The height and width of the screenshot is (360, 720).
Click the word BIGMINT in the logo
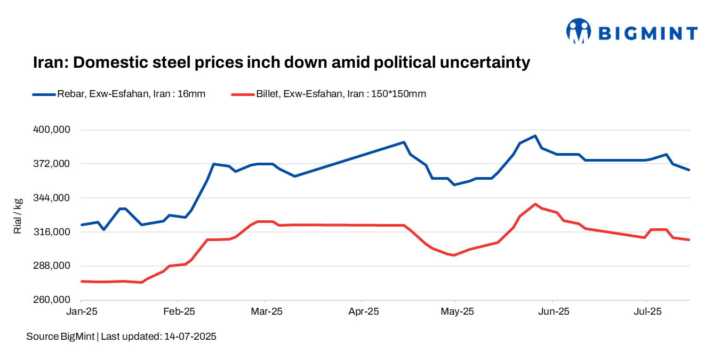(x=647, y=34)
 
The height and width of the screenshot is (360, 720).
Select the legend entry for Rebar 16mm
(x=118, y=94)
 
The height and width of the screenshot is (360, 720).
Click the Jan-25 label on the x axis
(x=81, y=311)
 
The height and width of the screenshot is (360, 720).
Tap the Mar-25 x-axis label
(x=266, y=311)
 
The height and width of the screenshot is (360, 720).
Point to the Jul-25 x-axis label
(x=646, y=311)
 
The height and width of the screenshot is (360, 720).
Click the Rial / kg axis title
(x=18, y=216)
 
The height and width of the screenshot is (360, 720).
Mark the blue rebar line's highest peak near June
(x=535, y=136)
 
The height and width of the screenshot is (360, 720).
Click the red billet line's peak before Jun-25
(x=535, y=204)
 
